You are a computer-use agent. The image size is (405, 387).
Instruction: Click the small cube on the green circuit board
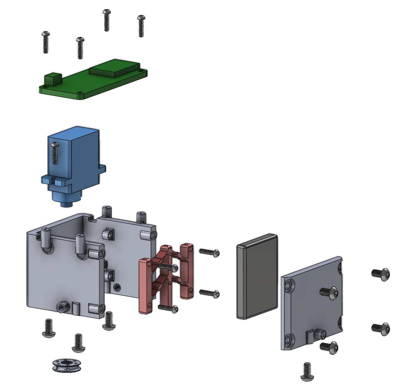pos(53,79)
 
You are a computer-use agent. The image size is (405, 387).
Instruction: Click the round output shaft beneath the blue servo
pos(66,204)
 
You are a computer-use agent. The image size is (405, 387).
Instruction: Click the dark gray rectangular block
pos(257,276)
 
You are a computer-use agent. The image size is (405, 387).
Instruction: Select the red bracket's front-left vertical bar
pos(145,286)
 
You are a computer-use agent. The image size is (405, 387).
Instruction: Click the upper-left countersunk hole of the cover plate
pos(288,286)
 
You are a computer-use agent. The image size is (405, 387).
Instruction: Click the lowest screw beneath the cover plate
pos(307,372)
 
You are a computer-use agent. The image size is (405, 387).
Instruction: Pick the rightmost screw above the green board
pos(141,26)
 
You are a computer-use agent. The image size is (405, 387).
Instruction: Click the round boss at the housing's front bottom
pos(62,307)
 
